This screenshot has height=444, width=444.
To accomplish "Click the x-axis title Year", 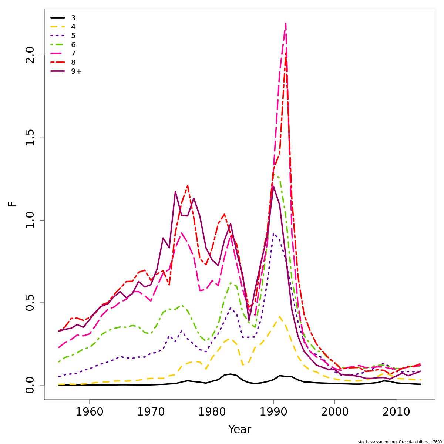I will (x=239, y=430).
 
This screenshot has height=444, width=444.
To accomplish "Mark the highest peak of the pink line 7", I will (x=286, y=23).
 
